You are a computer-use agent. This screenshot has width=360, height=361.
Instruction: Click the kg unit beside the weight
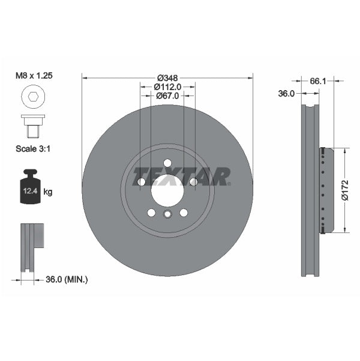pyautogui.click(x=48, y=192)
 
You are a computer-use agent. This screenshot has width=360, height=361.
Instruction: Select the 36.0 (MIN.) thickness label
pyautogui.click(x=67, y=279)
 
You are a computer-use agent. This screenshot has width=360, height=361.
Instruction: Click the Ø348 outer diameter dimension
pyautogui.click(x=167, y=77)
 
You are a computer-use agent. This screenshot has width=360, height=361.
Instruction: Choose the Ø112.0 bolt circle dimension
pyautogui.click(x=167, y=86)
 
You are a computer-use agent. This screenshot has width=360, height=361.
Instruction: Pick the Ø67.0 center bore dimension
pyautogui.click(x=167, y=96)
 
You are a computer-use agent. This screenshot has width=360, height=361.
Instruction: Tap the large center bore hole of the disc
pyautogui.click(x=167, y=192)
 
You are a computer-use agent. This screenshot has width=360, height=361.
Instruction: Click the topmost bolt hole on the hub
pyautogui.click(x=167, y=163)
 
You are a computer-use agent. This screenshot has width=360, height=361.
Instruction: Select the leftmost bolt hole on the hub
pyautogui.click(x=142, y=182)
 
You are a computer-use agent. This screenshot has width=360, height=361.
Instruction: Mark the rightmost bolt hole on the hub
pyautogui.click(x=193, y=182)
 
